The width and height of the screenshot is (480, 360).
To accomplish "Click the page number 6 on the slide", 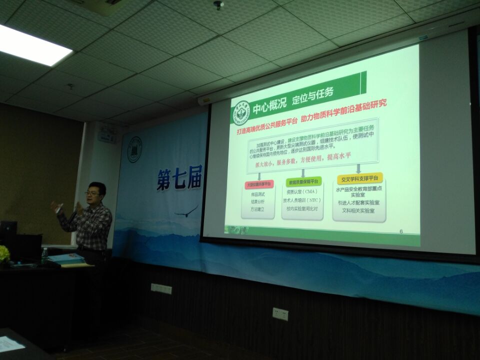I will [x=401, y=231].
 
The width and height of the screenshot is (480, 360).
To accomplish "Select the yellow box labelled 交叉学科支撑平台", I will [x=359, y=179].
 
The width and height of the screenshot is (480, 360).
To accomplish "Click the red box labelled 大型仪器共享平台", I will [x=258, y=184].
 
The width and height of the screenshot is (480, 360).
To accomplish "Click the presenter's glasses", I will [x=92, y=193].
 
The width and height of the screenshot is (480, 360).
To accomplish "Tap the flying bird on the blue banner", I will [x=186, y=211].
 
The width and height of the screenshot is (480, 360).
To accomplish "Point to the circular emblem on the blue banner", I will [x=134, y=149].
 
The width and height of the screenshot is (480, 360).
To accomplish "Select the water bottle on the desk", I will [x=44, y=256].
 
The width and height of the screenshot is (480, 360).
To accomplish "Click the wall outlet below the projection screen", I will [x=280, y=314].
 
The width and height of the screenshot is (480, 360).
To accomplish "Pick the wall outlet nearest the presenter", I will [x=161, y=288].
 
